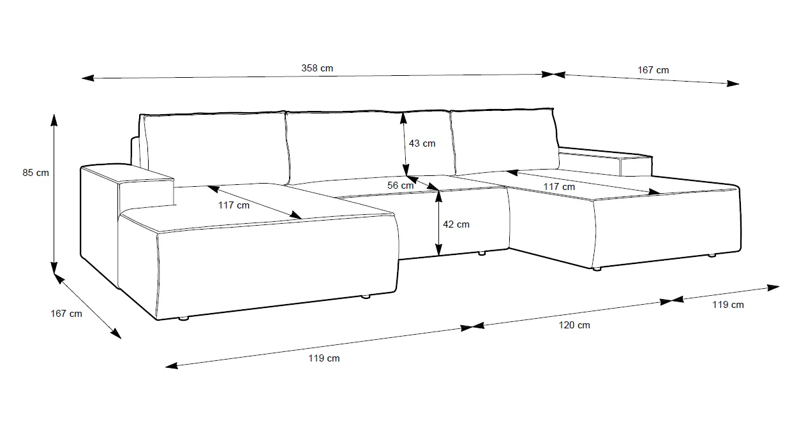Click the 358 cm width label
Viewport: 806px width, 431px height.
(317, 68)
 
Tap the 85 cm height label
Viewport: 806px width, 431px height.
(36, 172)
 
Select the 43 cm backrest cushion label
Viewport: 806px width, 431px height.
(422, 143)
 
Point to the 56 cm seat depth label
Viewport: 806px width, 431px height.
(401, 186)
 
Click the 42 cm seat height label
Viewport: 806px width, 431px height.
(456, 224)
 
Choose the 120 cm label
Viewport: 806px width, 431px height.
(574, 325)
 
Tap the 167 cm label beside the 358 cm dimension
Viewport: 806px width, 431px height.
(653, 70)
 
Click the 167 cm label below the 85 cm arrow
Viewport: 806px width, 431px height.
(66, 313)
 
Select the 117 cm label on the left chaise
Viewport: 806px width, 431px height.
(234, 205)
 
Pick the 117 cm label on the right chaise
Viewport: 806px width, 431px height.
(559, 187)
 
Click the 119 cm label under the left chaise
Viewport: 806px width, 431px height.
(324, 358)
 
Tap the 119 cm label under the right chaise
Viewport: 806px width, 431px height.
(728, 305)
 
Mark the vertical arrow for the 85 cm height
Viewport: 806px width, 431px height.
(54, 192)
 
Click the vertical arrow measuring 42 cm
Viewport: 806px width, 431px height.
(438, 224)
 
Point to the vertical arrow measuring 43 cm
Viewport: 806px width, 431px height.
(404, 144)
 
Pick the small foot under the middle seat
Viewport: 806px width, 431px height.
(481, 253)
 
